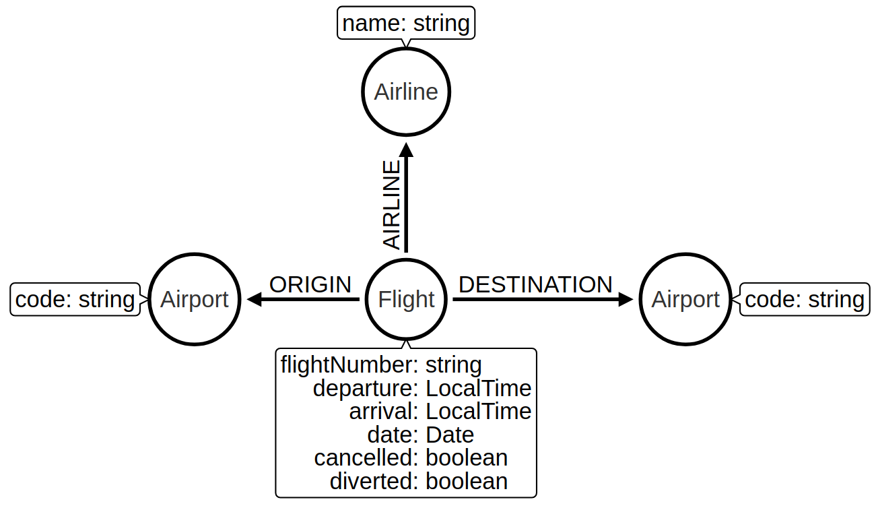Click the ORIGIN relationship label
pos(310,284)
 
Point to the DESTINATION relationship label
pos(535,284)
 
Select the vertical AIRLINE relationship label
pos(391,205)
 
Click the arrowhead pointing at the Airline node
pos(406,150)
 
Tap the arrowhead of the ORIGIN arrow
pos(255,299)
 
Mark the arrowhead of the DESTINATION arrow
pos(626,299)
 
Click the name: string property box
pos(406,23)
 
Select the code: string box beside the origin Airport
pos(75,300)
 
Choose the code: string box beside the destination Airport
pos(805,300)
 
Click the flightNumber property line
pos(381,364)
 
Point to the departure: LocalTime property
pos(422,388)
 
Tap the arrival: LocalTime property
pos(440,412)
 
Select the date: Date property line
pos(421,435)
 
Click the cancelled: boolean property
pos(411,458)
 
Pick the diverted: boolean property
pos(419,481)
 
